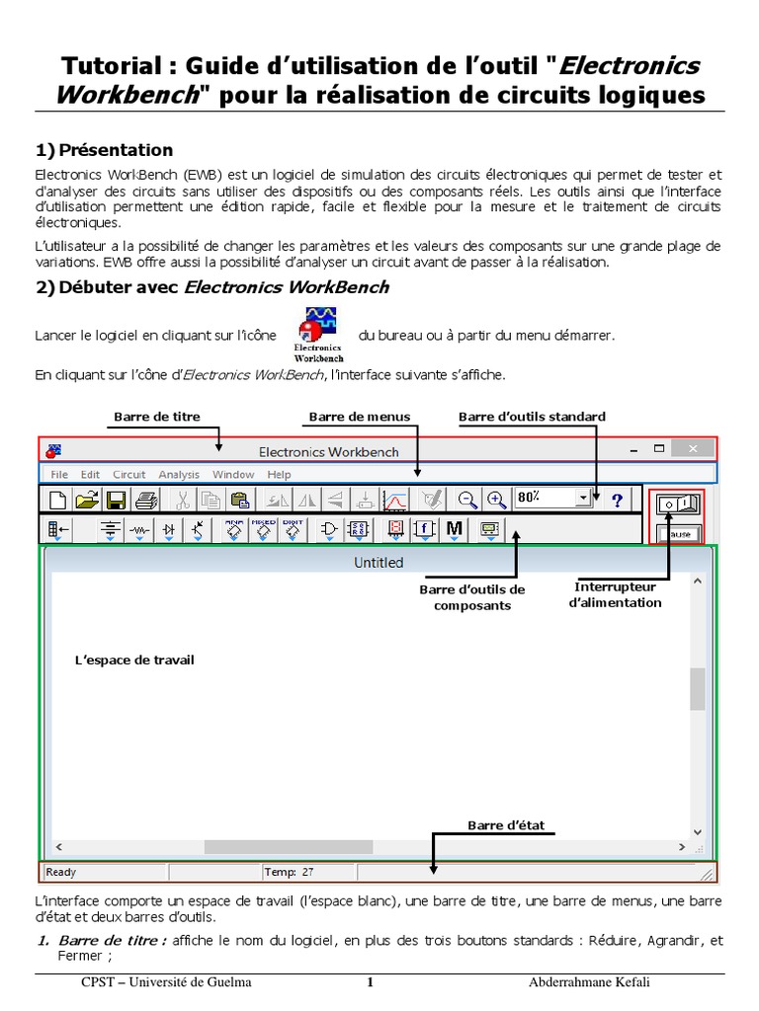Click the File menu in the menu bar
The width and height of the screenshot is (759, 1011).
coord(59,475)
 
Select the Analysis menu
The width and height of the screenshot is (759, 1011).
coord(179,475)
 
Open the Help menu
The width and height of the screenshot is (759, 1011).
coord(279,475)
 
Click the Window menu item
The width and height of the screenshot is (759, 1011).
coord(233,475)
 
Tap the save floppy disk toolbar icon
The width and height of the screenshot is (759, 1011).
coord(117,500)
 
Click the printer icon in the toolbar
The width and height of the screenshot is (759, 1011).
coord(145,500)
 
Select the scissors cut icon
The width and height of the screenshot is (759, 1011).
coord(183,500)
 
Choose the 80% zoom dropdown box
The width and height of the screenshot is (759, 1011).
coord(551,499)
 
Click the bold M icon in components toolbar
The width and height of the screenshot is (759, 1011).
coord(454,529)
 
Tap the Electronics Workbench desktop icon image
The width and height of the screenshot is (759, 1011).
coord(318,334)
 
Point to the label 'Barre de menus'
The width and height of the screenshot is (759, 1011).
coord(360,417)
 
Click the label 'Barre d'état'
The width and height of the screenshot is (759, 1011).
coord(506,825)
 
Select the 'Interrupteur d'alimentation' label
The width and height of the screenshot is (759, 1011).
coord(616,595)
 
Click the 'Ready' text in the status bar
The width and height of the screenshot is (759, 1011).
coord(61,873)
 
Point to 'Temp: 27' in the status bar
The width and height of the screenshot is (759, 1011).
coord(290,873)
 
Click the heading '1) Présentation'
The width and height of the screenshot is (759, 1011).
coord(104,150)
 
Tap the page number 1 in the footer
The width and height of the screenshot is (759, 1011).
coord(370,982)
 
